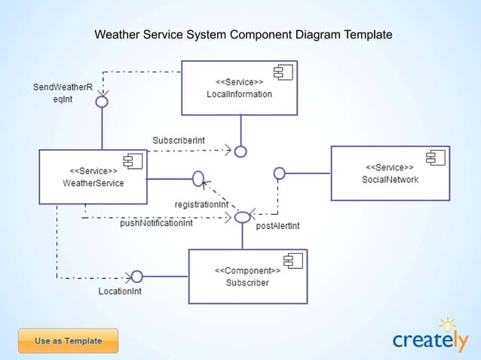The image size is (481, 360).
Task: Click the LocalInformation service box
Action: (x=239, y=87)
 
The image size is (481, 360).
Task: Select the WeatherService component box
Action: (x=93, y=177)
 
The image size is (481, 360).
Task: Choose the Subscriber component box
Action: (x=247, y=276)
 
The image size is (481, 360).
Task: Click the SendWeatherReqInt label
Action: (x=63, y=93)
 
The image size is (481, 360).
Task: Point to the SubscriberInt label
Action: (x=179, y=141)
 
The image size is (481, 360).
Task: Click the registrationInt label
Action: (x=201, y=204)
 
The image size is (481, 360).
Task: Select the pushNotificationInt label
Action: (x=156, y=223)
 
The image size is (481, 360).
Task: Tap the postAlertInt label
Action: (x=278, y=226)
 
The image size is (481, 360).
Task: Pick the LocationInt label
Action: (x=120, y=291)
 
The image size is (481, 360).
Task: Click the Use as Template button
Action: (x=68, y=341)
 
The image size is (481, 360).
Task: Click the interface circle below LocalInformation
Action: (x=240, y=151)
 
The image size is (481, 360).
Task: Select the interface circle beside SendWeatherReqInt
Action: (x=102, y=102)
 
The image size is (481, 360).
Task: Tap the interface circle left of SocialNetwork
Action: (x=279, y=173)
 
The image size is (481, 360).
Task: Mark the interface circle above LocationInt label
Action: (x=136, y=276)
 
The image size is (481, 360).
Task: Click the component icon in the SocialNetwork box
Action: (x=434, y=157)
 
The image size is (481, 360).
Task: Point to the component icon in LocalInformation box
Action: (x=283, y=72)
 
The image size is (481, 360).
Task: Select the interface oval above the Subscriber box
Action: (x=242, y=217)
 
